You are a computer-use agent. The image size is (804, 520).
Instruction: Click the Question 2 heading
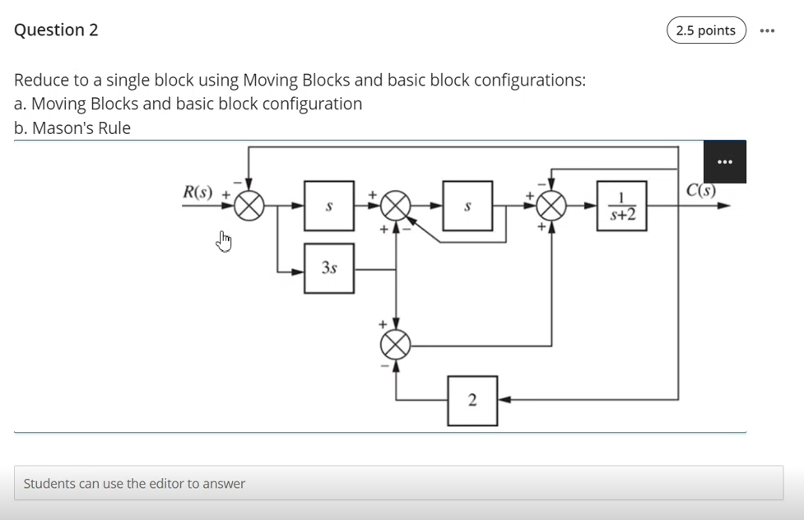[x=56, y=30]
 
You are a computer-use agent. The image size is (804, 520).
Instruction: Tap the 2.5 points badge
[x=705, y=30]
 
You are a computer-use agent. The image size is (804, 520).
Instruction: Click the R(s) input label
[x=198, y=193]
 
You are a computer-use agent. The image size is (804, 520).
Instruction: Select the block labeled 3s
[x=329, y=268]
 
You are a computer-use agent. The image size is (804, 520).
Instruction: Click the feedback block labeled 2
[x=472, y=401]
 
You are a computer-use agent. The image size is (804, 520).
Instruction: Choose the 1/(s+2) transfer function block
[x=621, y=207]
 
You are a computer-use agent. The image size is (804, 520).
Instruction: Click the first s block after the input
[x=329, y=206]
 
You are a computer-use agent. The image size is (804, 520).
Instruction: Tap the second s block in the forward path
[x=467, y=206]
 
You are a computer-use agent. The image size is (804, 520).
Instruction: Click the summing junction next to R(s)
[x=249, y=206]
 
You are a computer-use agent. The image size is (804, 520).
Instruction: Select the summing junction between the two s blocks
[x=397, y=206]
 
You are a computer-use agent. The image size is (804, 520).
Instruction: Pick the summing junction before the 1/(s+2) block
[x=551, y=206]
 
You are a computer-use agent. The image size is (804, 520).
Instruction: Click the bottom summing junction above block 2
[x=397, y=345]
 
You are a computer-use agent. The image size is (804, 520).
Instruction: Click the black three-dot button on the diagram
[x=724, y=162]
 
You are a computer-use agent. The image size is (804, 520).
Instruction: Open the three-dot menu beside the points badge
[x=767, y=30]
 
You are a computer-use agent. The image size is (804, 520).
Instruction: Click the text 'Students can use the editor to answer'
[x=134, y=484]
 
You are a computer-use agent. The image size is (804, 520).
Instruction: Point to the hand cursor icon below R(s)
[x=224, y=241]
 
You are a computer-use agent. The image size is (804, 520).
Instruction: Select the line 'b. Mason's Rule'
[x=72, y=128]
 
